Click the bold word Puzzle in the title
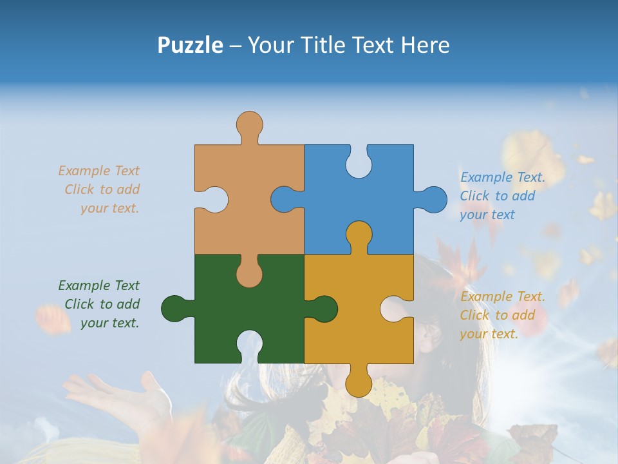[x=190, y=45]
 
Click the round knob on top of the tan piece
[x=249, y=124]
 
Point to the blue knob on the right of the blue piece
[x=433, y=200]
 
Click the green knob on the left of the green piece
[x=174, y=309]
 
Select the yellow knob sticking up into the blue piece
[x=359, y=235]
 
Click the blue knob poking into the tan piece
[x=285, y=199]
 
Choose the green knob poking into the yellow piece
[x=323, y=309]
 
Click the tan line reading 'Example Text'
[x=98, y=171]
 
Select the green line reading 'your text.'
[x=109, y=323]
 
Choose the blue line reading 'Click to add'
[x=497, y=196]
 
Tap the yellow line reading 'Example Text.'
[x=502, y=296]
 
